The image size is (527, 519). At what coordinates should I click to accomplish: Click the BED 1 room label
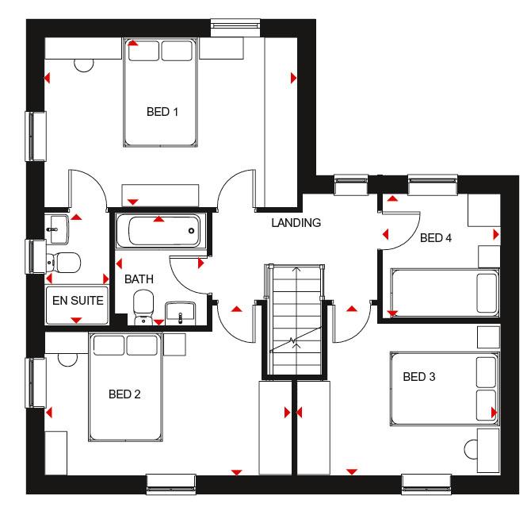[162, 112]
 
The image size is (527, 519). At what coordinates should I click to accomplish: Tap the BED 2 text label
[124, 394]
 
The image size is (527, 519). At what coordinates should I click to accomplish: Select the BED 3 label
[418, 377]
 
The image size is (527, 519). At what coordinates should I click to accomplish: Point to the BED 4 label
[436, 237]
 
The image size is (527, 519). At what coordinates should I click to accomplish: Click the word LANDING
[296, 223]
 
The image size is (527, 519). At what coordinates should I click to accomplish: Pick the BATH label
[139, 279]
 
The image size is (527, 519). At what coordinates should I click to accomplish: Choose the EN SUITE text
[78, 301]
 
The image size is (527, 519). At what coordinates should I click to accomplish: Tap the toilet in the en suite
[63, 260]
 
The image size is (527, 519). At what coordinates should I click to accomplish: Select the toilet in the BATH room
[143, 306]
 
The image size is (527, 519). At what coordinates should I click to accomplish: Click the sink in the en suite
[56, 229]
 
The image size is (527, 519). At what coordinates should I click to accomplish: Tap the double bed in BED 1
[161, 93]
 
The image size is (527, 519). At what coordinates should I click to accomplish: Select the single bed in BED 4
[444, 291]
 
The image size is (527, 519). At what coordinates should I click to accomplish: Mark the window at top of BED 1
[237, 27]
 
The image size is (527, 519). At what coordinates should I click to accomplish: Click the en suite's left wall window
[35, 256]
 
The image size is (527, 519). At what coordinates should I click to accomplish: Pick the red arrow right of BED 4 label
[495, 235]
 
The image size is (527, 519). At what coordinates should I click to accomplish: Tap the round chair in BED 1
[84, 66]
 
